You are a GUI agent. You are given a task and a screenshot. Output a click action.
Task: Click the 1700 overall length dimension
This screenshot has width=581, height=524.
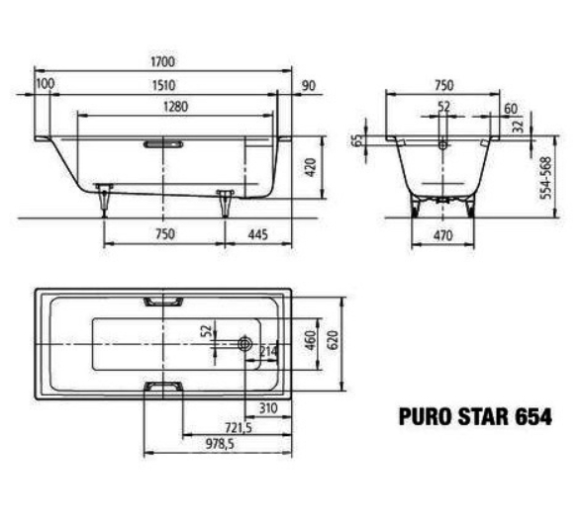pos(164,62)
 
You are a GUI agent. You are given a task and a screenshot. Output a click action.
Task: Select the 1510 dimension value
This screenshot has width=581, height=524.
pos(164,85)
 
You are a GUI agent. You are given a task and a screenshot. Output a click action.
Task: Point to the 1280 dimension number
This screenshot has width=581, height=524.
pos(164,107)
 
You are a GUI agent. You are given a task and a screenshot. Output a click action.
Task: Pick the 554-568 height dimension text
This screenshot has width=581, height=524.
pos(545,177)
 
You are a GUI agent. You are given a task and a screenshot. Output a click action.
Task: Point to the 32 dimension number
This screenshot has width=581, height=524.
pos(517,126)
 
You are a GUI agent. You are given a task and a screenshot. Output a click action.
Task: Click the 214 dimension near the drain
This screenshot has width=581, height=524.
pos(266,352)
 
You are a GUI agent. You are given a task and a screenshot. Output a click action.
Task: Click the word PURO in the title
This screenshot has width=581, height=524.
pos(431,416)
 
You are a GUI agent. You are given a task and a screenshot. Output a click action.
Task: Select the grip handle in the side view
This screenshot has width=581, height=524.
pos(163,143)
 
